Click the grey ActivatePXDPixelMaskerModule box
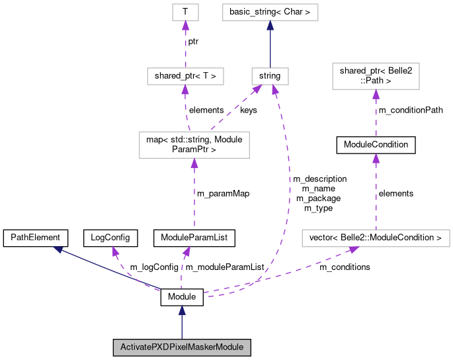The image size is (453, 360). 181,347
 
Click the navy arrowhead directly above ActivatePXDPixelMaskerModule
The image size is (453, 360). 181,310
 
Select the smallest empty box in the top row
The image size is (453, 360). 185,12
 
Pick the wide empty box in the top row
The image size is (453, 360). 270,12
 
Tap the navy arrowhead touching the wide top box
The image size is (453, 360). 270,25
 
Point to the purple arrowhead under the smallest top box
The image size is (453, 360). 185,25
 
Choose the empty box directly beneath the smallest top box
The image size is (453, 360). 185,76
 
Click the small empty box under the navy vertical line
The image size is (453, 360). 270,76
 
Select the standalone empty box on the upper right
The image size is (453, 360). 376,76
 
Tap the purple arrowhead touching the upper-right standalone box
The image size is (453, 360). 376,94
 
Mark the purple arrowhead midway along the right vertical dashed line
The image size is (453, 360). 376,157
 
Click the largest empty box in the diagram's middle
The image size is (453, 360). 194,145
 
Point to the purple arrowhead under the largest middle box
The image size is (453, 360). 194,163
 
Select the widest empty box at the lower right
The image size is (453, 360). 376,238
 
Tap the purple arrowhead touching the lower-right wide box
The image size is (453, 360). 353,249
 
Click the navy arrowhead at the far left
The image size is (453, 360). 58,249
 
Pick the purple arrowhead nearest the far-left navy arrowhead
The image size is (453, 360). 115,251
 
